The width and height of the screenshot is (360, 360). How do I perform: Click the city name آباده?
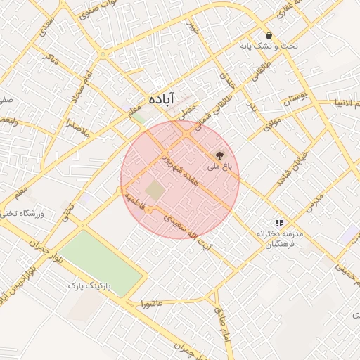[x=161, y=100]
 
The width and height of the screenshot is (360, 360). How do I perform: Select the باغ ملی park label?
[x=219, y=167]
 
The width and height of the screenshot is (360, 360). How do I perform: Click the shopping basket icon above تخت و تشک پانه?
[x=269, y=35]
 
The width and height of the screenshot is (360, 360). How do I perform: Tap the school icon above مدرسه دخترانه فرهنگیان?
[x=279, y=221]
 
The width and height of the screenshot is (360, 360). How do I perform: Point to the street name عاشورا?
[x=151, y=304]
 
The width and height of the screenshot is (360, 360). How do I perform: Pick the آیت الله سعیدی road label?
[x=186, y=227]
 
